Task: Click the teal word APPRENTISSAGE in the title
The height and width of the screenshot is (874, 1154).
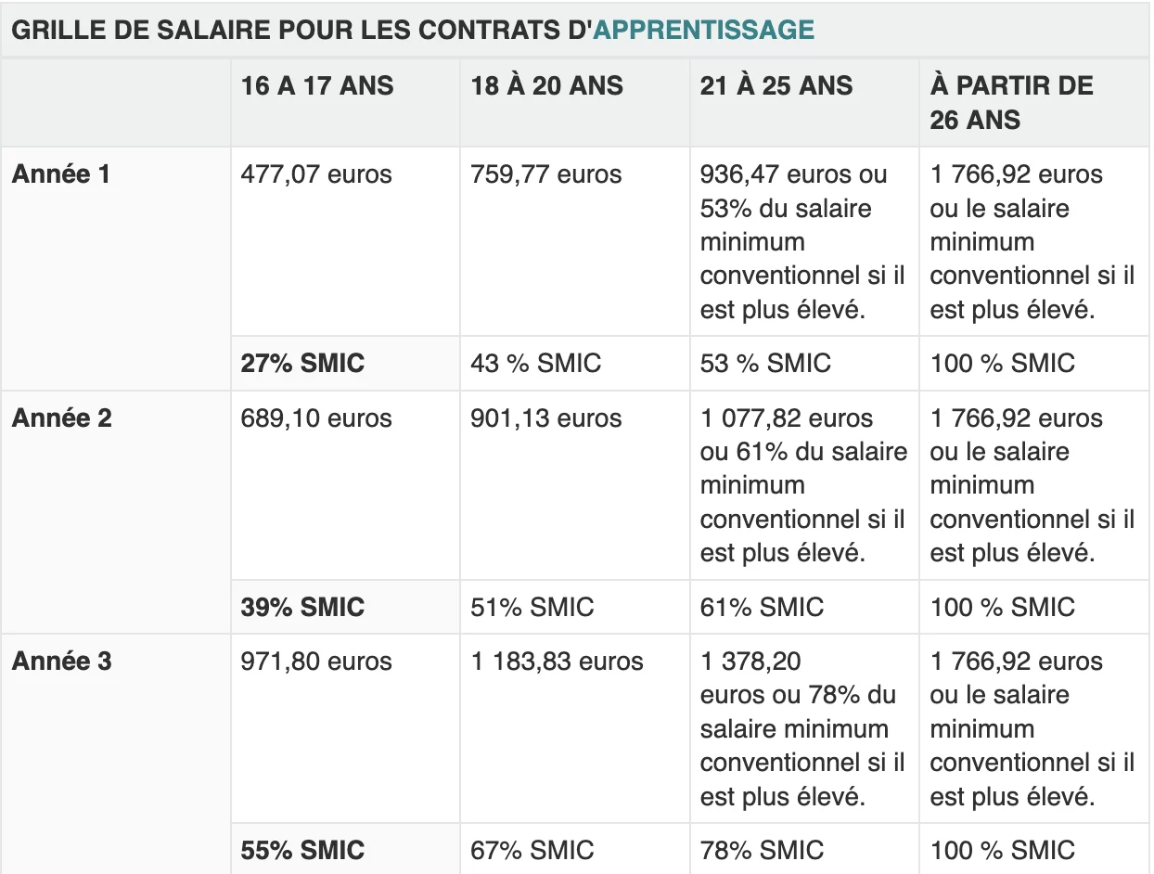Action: click(703, 30)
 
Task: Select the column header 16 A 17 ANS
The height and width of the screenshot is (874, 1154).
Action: click(317, 85)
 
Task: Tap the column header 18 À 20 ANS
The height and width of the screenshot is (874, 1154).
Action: click(546, 85)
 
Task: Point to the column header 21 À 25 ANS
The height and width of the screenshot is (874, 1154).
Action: click(776, 85)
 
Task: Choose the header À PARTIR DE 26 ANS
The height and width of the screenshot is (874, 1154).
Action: click(1011, 103)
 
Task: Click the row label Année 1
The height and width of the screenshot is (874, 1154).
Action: click(61, 174)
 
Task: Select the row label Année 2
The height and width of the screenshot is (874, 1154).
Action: click(61, 418)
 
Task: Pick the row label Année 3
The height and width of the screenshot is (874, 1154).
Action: click(61, 661)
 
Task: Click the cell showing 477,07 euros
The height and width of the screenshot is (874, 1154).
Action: click(316, 174)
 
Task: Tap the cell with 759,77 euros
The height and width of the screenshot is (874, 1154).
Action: click(546, 174)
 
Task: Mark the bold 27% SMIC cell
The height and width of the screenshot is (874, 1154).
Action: click(302, 363)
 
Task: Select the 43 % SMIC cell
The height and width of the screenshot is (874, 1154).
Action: click(536, 363)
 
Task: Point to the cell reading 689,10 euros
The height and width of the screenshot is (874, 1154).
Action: click(316, 418)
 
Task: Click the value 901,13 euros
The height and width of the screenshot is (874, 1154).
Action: click(546, 418)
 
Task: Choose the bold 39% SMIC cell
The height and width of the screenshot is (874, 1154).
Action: click(302, 607)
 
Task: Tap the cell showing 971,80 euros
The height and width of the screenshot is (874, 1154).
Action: click(316, 661)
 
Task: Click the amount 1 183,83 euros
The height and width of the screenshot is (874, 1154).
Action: click(557, 661)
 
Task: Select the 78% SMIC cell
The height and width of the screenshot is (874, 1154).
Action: click(763, 850)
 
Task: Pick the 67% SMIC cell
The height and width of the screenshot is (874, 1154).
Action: click(532, 850)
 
